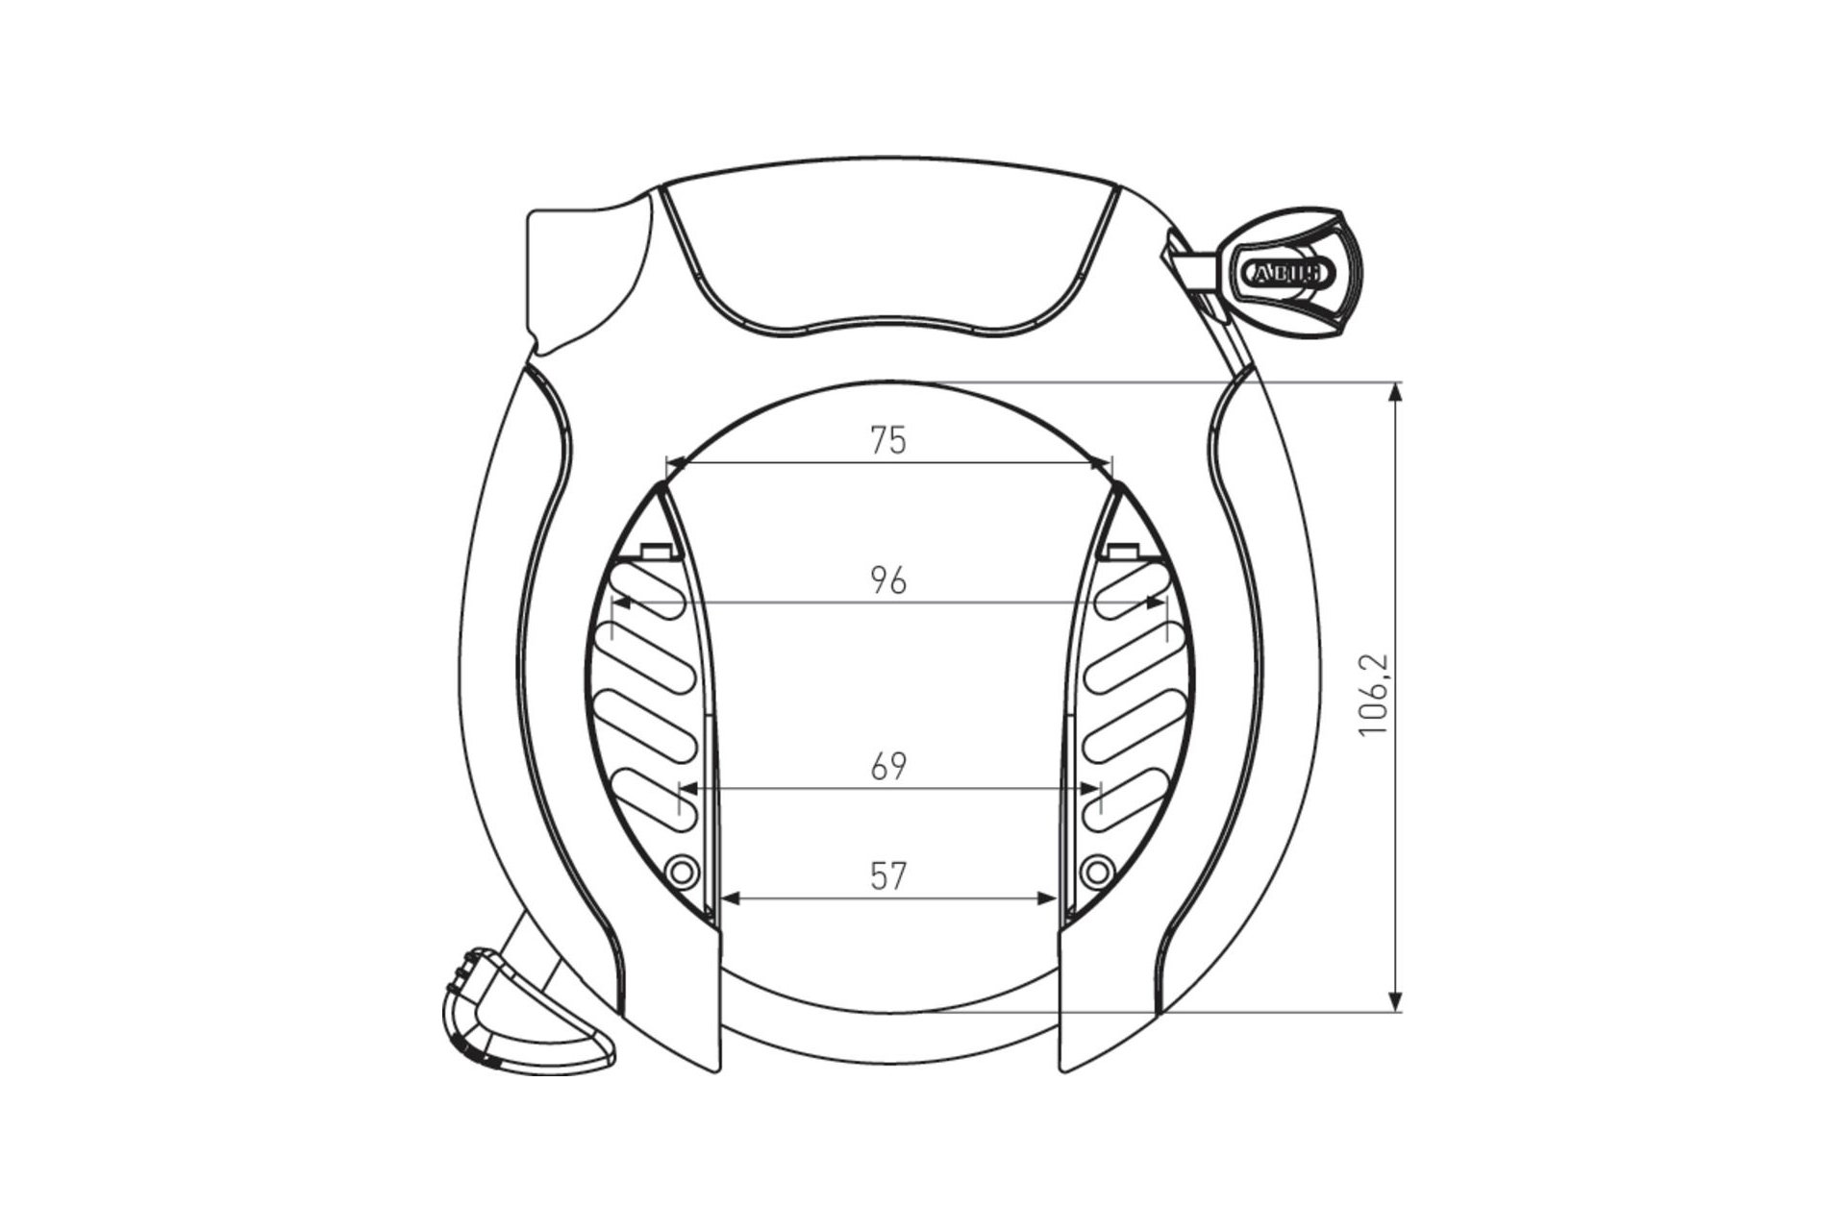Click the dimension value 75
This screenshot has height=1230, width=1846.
[x=887, y=441]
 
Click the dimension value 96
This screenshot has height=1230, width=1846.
[x=887, y=581]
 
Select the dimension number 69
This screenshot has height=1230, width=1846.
[x=887, y=767]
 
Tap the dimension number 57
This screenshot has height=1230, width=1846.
[x=887, y=875]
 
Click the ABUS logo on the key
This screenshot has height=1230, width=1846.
[x=1288, y=273]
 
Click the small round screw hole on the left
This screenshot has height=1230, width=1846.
[x=681, y=872]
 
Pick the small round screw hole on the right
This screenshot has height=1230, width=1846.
[x=1095, y=872]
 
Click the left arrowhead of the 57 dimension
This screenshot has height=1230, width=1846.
[x=728, y=898]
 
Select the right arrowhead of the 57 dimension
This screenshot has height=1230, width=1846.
[x=1049, y=898]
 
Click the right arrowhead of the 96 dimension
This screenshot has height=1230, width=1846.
[x=1157, y=603]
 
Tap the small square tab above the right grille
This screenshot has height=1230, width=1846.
[x=1120, y=551]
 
